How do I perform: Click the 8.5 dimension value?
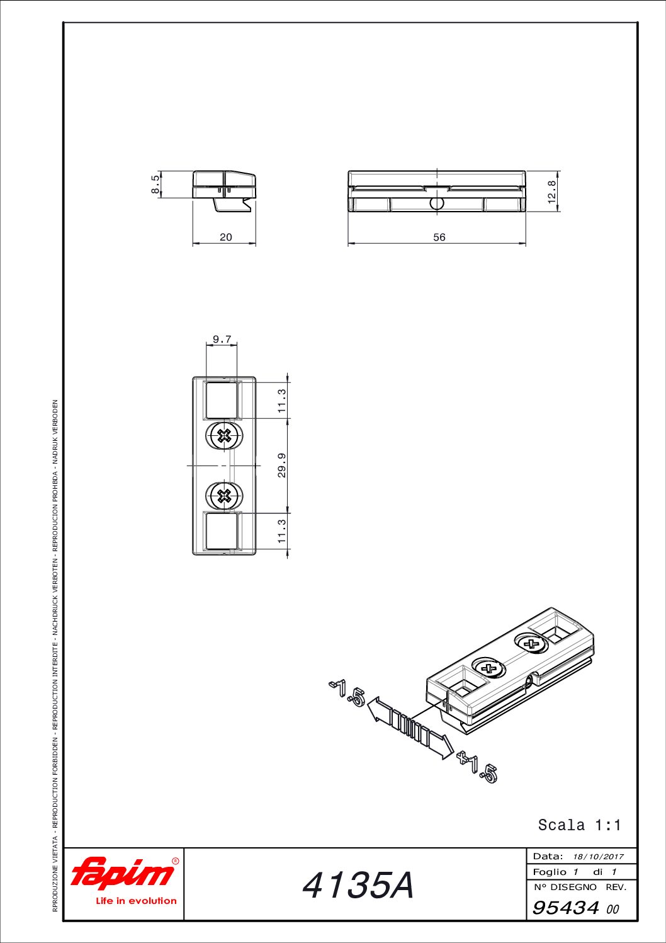pos(155,185)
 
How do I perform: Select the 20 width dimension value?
pos(226,237)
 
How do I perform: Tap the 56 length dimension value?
pos(439,237)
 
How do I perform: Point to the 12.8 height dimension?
pos(552,191)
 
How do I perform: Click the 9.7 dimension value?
pos(222,339)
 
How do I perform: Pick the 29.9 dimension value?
pos(282,465)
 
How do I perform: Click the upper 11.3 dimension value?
pos(282,401)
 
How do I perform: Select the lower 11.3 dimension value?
pos(282,531)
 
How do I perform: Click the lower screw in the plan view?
pos(225,496)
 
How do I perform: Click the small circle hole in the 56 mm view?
pos(437,203)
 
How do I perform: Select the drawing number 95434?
pos(565,908)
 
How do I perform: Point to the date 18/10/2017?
pos(599,857)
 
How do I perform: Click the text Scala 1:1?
pos(579,825)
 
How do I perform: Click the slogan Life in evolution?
pos(137,901)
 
